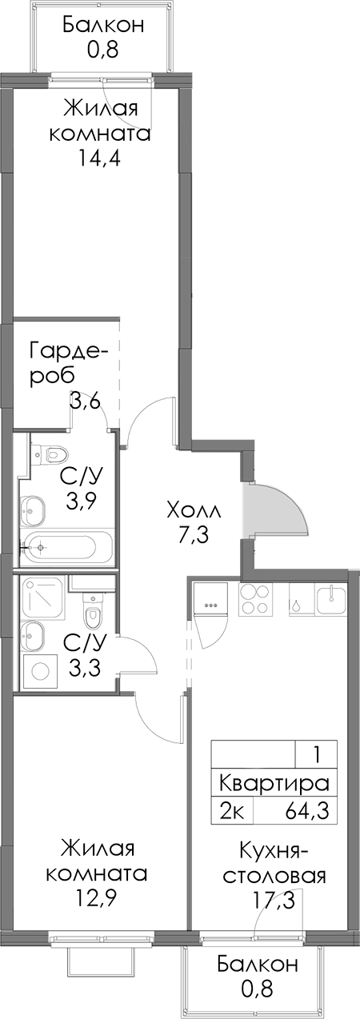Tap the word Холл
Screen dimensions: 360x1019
point(194,510)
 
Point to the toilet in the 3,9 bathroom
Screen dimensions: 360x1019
point(51,454)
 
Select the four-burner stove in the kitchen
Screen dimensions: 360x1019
point(255,600)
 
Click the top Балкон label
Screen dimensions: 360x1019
point(103,25)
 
